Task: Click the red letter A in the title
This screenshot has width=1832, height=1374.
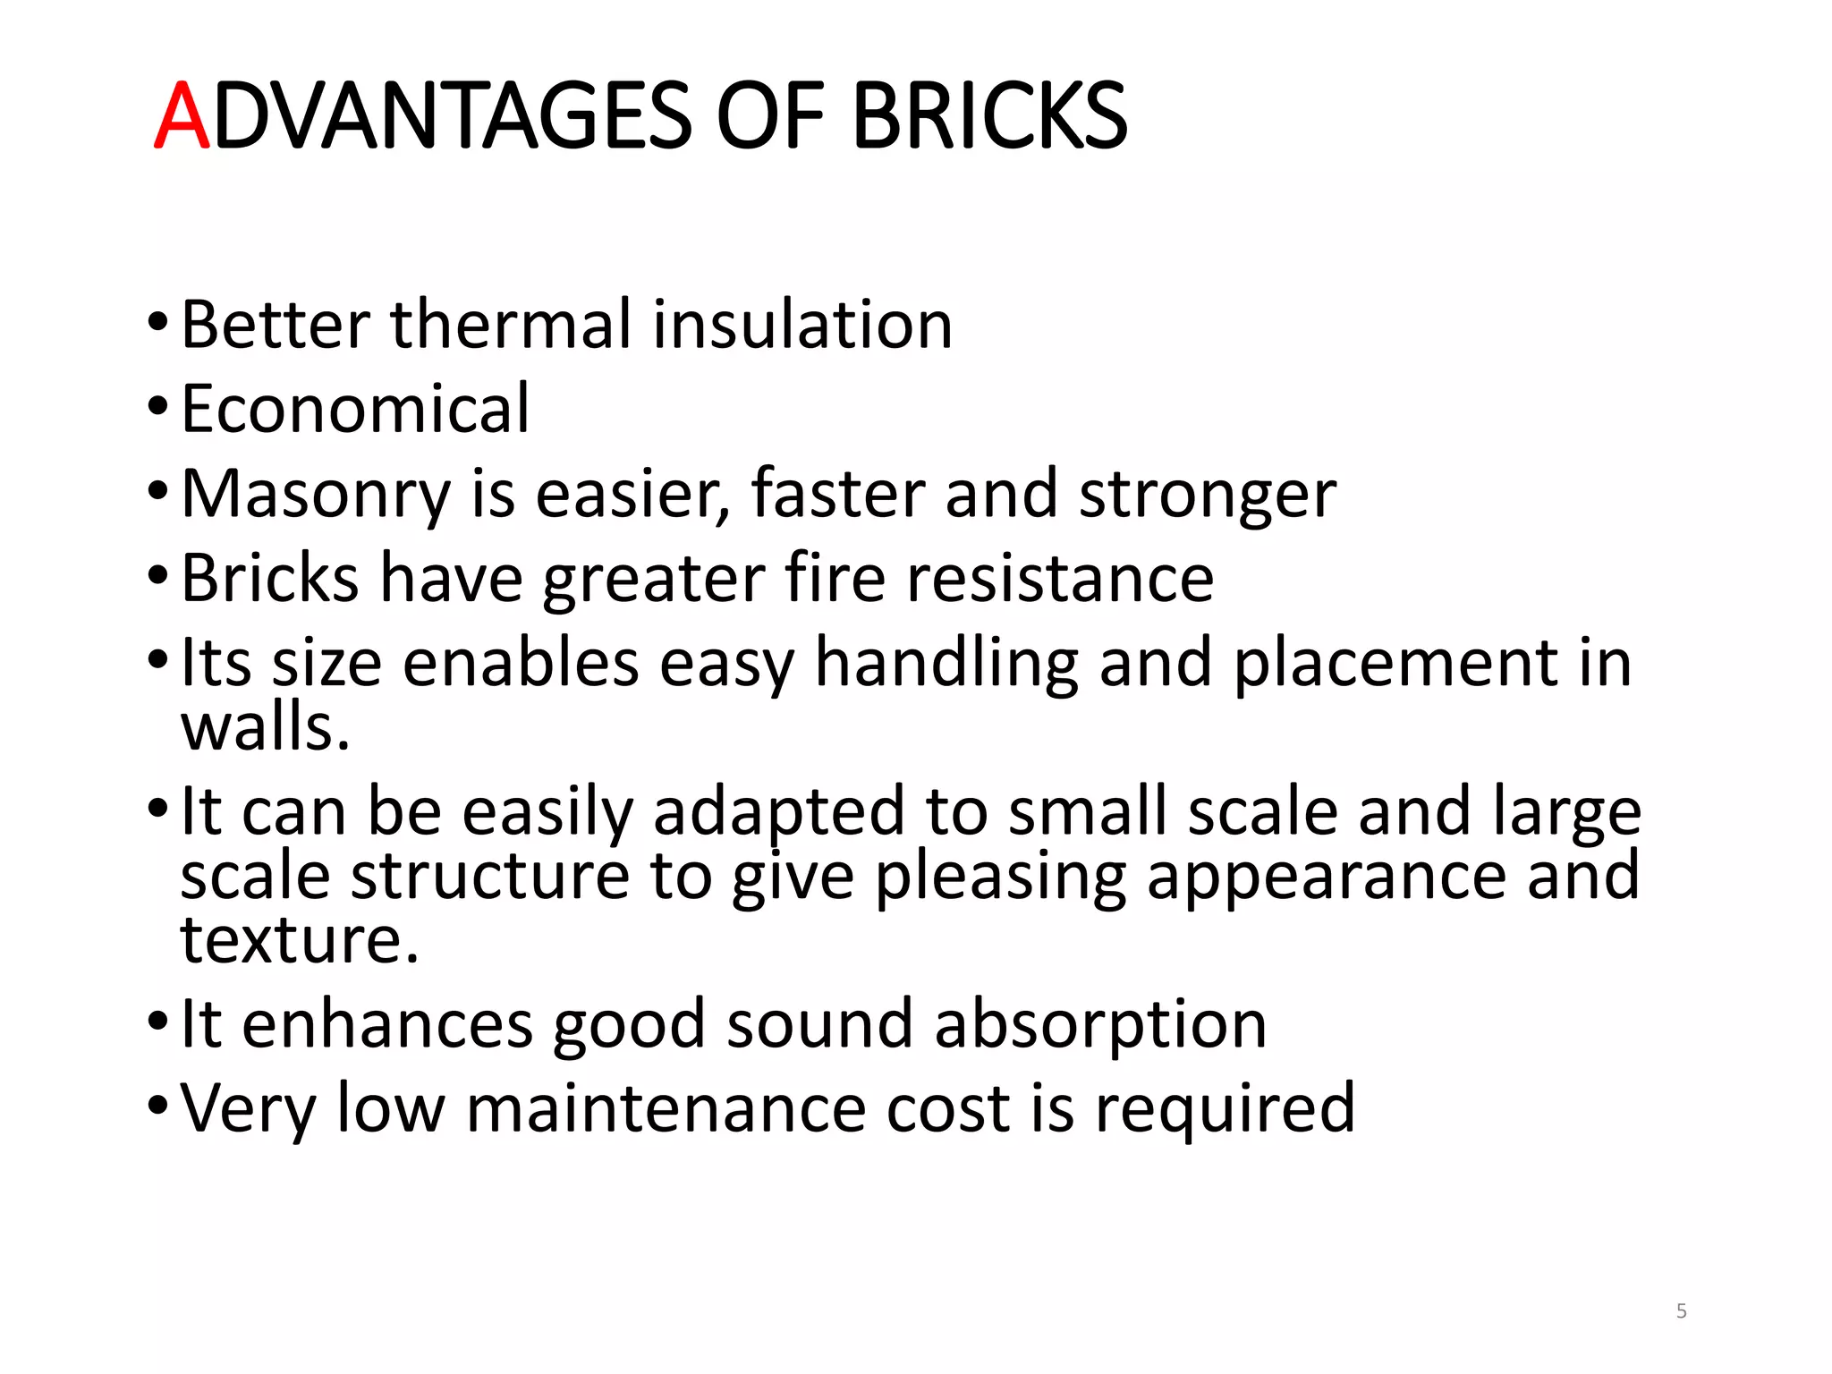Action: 182,116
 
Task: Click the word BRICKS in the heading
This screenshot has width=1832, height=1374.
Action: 989,116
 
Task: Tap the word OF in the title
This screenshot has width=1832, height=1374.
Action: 769,116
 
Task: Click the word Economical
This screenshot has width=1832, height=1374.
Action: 355,409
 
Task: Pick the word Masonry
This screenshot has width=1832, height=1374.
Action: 316,495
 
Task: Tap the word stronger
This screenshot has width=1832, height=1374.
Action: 1207,495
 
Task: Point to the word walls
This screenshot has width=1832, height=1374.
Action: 265,726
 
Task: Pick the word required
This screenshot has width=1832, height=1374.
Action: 1225,1109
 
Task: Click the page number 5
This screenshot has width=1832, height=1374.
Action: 1682,1311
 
